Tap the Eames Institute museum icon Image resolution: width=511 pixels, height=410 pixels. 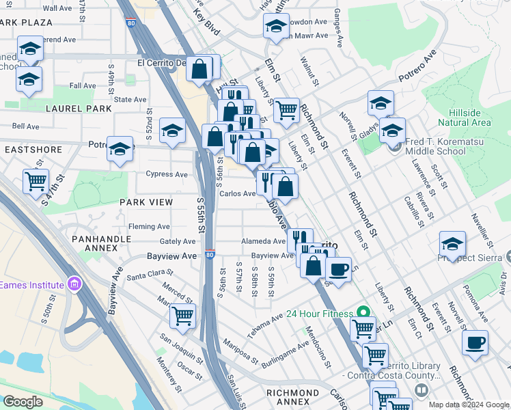(x=75, y=284)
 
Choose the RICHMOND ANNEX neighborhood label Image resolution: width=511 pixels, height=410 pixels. (x=292, y=393)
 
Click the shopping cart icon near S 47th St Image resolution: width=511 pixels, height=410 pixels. (x=36, y=182)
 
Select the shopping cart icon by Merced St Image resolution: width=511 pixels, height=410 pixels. (x=182, y=316)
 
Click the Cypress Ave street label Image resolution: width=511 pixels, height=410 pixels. (x=166, y=174)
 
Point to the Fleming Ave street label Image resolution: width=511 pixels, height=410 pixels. (x=149, y=227)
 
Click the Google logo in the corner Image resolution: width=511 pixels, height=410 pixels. (x=23, y=401)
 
